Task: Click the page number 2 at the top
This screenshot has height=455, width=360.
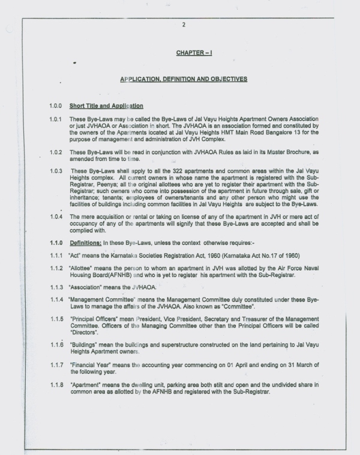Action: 184,25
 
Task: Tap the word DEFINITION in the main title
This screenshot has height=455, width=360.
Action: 177,79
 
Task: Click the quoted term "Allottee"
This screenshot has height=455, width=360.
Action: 82,268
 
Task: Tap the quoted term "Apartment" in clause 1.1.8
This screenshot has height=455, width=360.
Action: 86,384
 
